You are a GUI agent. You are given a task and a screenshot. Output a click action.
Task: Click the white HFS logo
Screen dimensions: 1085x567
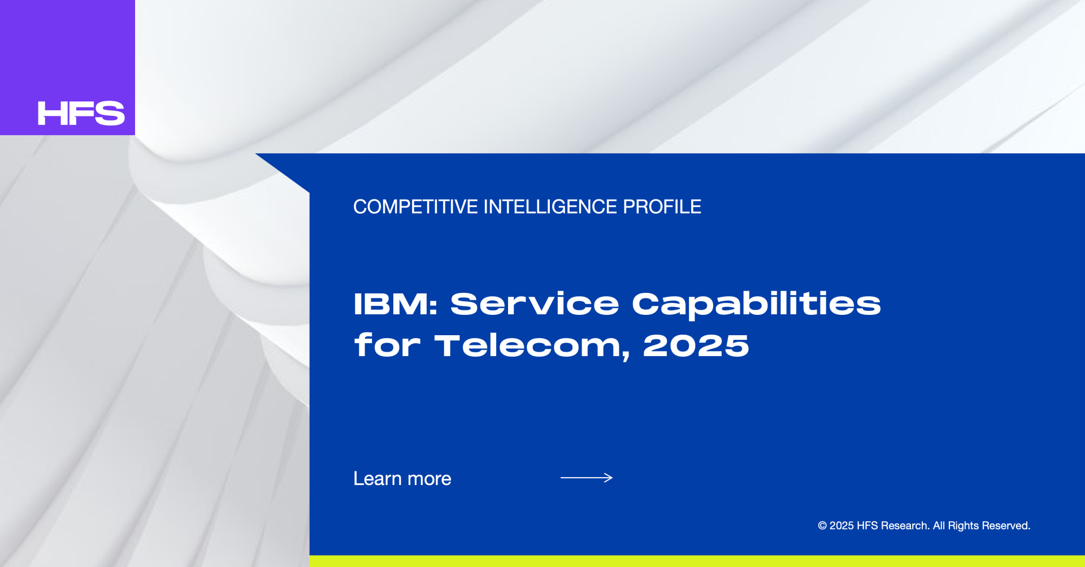(x=81, y=113)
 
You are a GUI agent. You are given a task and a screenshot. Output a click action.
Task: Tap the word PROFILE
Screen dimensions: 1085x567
(x=662, y=207)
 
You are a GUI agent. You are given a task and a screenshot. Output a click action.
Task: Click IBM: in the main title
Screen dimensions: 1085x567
(x=396, y=304)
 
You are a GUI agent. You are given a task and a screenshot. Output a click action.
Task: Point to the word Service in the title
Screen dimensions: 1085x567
(x=535, y=304)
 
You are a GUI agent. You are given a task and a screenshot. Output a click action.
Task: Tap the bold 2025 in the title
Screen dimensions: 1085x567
(x=696, y=346)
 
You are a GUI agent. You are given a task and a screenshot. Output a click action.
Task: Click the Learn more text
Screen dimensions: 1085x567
(x=402, y=479)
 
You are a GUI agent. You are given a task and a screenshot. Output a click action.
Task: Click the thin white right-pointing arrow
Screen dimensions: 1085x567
(x=587, y=478)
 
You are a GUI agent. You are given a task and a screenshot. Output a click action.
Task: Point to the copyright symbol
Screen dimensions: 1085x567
(x=822, y=526)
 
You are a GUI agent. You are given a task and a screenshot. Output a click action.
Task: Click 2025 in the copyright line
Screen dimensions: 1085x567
(x=841, y=526)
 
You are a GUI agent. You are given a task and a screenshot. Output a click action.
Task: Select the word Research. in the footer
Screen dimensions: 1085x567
(x=905, y=526)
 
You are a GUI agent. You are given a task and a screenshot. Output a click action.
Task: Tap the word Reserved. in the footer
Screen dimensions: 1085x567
(x=1006, y=526)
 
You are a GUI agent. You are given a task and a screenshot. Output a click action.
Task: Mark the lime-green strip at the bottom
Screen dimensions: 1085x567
(x=697, y=561)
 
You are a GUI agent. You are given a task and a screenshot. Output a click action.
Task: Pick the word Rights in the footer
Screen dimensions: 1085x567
(x=964, y=526)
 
